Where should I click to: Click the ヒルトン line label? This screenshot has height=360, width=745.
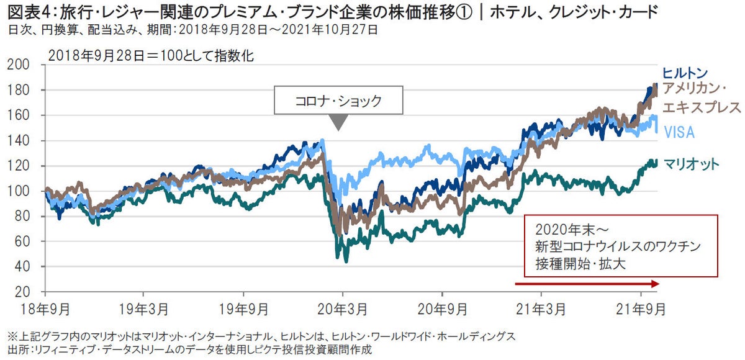pyautogui.click(x=685, y=72)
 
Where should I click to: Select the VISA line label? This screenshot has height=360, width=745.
pyautogui.click(x=679, y=132)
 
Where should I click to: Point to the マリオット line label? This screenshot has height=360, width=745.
pyautogui.click(x=691, y=164)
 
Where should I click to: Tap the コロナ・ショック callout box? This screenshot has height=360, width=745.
pyautogui.click(x=338, y=101)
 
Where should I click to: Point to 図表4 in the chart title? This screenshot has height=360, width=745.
pyautogui.click(x=22, y=11)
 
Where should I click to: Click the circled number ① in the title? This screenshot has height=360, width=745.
pyautogui.click(x=462, y=11)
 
